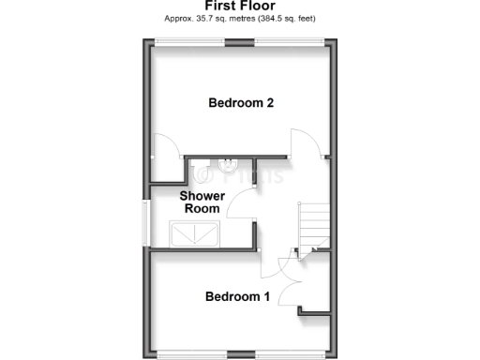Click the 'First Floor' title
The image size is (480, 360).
click(240, 6)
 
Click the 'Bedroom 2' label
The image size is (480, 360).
click(241, 103)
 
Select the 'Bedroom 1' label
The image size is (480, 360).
click(238, 296)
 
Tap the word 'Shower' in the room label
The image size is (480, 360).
click(202, 196)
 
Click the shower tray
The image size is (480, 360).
click(194, 232)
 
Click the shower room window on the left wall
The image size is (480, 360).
click(144, 223)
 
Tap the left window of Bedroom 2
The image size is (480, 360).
click(190, 40)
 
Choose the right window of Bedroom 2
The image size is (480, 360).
click(290, 40)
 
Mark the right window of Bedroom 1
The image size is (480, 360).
click(293, 355)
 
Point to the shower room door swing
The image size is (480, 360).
click(241, 202)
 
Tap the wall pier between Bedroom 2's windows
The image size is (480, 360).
click(240, 40)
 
